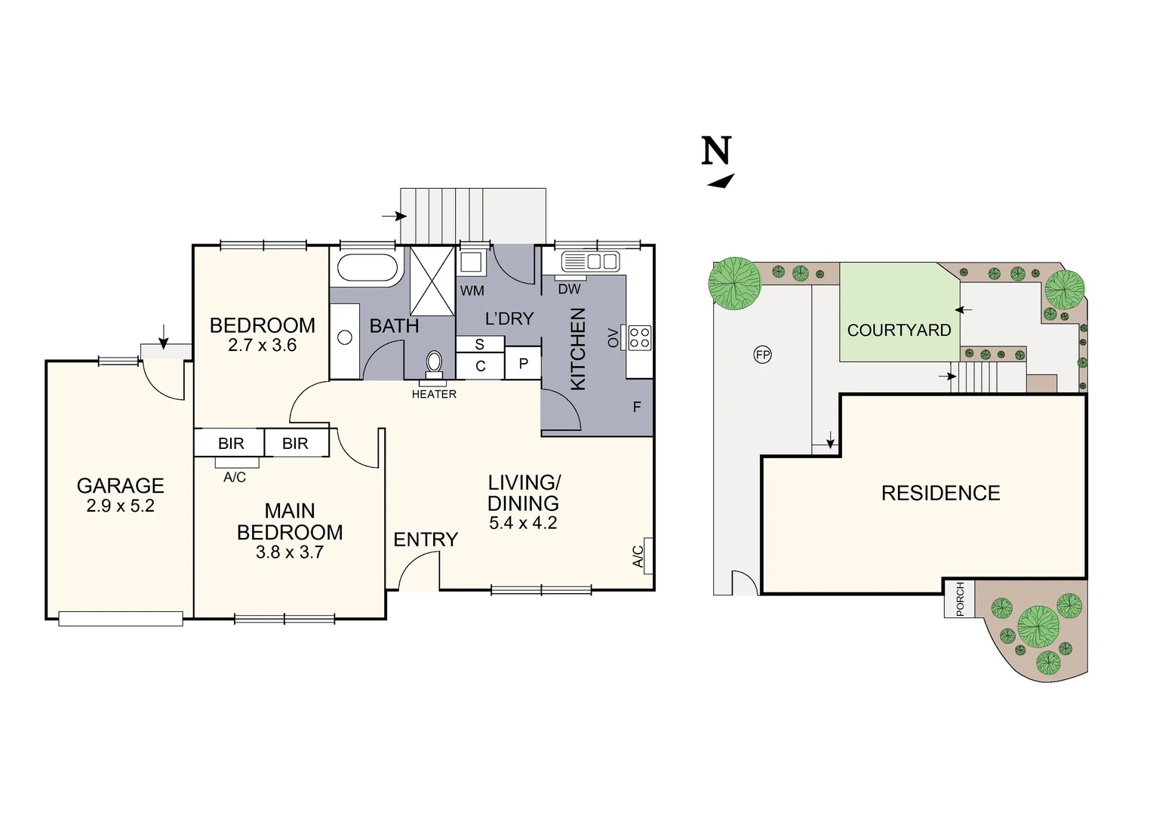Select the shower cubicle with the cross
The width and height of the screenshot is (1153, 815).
tap(432, 281)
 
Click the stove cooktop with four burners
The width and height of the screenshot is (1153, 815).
tap(639, 337)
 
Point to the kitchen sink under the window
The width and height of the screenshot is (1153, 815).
tap(590, 262)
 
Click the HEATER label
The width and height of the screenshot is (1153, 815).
tap(434, 394)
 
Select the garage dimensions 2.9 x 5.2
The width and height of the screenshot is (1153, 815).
tap(120, 506)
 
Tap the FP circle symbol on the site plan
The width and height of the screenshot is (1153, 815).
tap(763, 355)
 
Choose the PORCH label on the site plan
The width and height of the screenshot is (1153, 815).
tap(960, 598)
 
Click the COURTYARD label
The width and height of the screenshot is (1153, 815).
tap(899, 331)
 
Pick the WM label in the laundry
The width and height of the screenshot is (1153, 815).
tap(472, 291)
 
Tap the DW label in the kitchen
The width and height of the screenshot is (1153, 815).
tap(569, 289)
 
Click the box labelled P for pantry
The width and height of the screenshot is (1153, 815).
tap(523, 364)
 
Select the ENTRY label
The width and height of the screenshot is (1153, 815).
tap(426, 540)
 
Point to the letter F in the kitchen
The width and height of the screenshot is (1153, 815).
tap(637, 407)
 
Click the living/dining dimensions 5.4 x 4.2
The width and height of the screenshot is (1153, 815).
tap(523, 523)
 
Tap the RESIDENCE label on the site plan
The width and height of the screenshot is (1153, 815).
tap(940, 494)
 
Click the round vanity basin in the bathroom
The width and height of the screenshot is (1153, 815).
tap(345, 338)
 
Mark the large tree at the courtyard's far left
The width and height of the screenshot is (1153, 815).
tap(734, 284)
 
